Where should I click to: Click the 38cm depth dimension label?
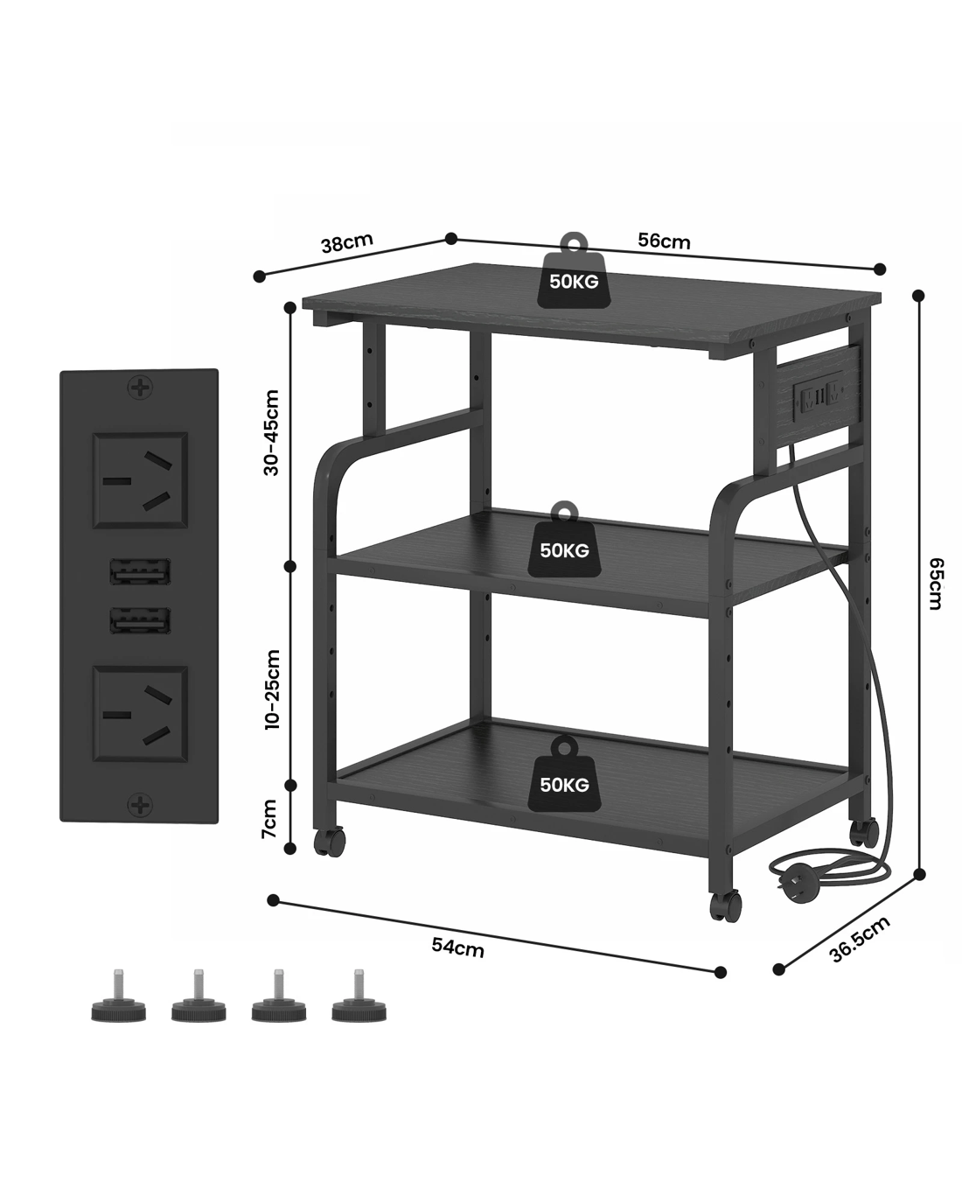pyautogui.click(x=347, y=243)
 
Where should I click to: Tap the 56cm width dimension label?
pyautogui.click(x=664, y=241)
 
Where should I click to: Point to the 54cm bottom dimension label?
pyautogui.click(x=457, y=946)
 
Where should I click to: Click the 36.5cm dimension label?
pyautogui.click(x=860, y=939)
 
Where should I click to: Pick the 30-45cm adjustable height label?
pyautogui.click(x=272, y=432)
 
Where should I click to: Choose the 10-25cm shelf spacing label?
pyautogui.click(x=272, y=689)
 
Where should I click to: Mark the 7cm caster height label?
pyautogui.click(x=270, y=819)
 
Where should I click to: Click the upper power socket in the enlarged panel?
pyautogui.click(x=140, y=479)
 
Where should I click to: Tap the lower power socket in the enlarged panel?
pyautogui.click(x=140, y=714)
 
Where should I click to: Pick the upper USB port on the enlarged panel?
pyautogui.click(x=140, y=574)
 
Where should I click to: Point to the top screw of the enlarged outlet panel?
pyautogui.click(x=139, y=388)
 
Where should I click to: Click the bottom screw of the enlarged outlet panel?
pyautogui.click(x=139, y=804)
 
